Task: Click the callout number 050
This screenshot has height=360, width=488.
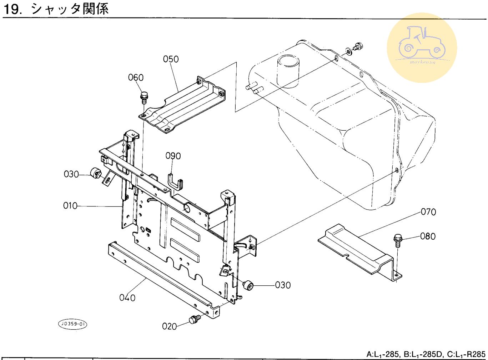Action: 171,59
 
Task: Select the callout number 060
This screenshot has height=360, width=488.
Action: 136,77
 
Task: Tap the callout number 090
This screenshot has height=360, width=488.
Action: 173,156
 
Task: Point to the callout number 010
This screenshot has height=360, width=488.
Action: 70,206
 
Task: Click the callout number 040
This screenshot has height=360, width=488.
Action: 127,297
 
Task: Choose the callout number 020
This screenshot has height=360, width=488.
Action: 170,326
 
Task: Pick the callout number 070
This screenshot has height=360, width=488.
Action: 428,212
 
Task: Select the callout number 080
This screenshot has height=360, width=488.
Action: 428,236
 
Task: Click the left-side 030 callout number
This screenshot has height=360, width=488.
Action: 71,174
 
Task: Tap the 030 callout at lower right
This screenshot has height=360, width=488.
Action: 283,285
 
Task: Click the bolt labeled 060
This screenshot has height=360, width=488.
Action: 144,97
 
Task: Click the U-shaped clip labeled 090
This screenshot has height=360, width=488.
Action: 175,182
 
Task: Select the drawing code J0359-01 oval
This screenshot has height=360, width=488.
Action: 72,324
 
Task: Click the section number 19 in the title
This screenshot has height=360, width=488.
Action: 11,9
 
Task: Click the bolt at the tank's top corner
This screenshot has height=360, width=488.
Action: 358,46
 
